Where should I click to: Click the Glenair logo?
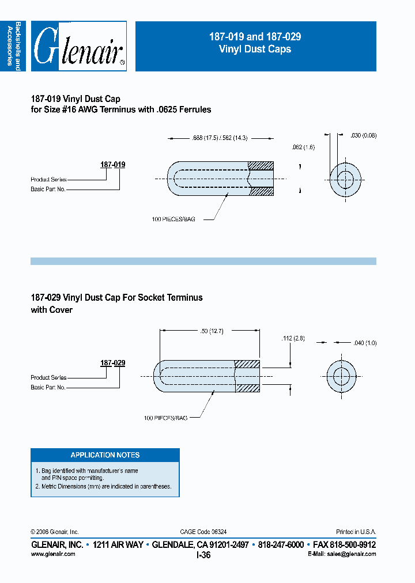click(x=78, y=47)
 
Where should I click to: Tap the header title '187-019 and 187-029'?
click(x=255, y=37)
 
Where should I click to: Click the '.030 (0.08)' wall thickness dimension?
click(x=363, y=136)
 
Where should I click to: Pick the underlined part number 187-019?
click(x=113, y=165)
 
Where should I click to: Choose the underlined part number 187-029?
click(x=113, y=364)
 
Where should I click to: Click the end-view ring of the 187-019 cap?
click(x=345, y=179)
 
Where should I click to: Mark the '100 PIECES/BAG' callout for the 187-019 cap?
click(x=173, y=219)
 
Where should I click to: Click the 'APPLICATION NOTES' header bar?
click(x=105, y=455)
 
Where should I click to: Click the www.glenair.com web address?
click(x=52, y=554)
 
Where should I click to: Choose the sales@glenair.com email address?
click(x=352, y=554)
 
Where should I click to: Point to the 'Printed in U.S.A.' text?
click(x=356, y=532)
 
